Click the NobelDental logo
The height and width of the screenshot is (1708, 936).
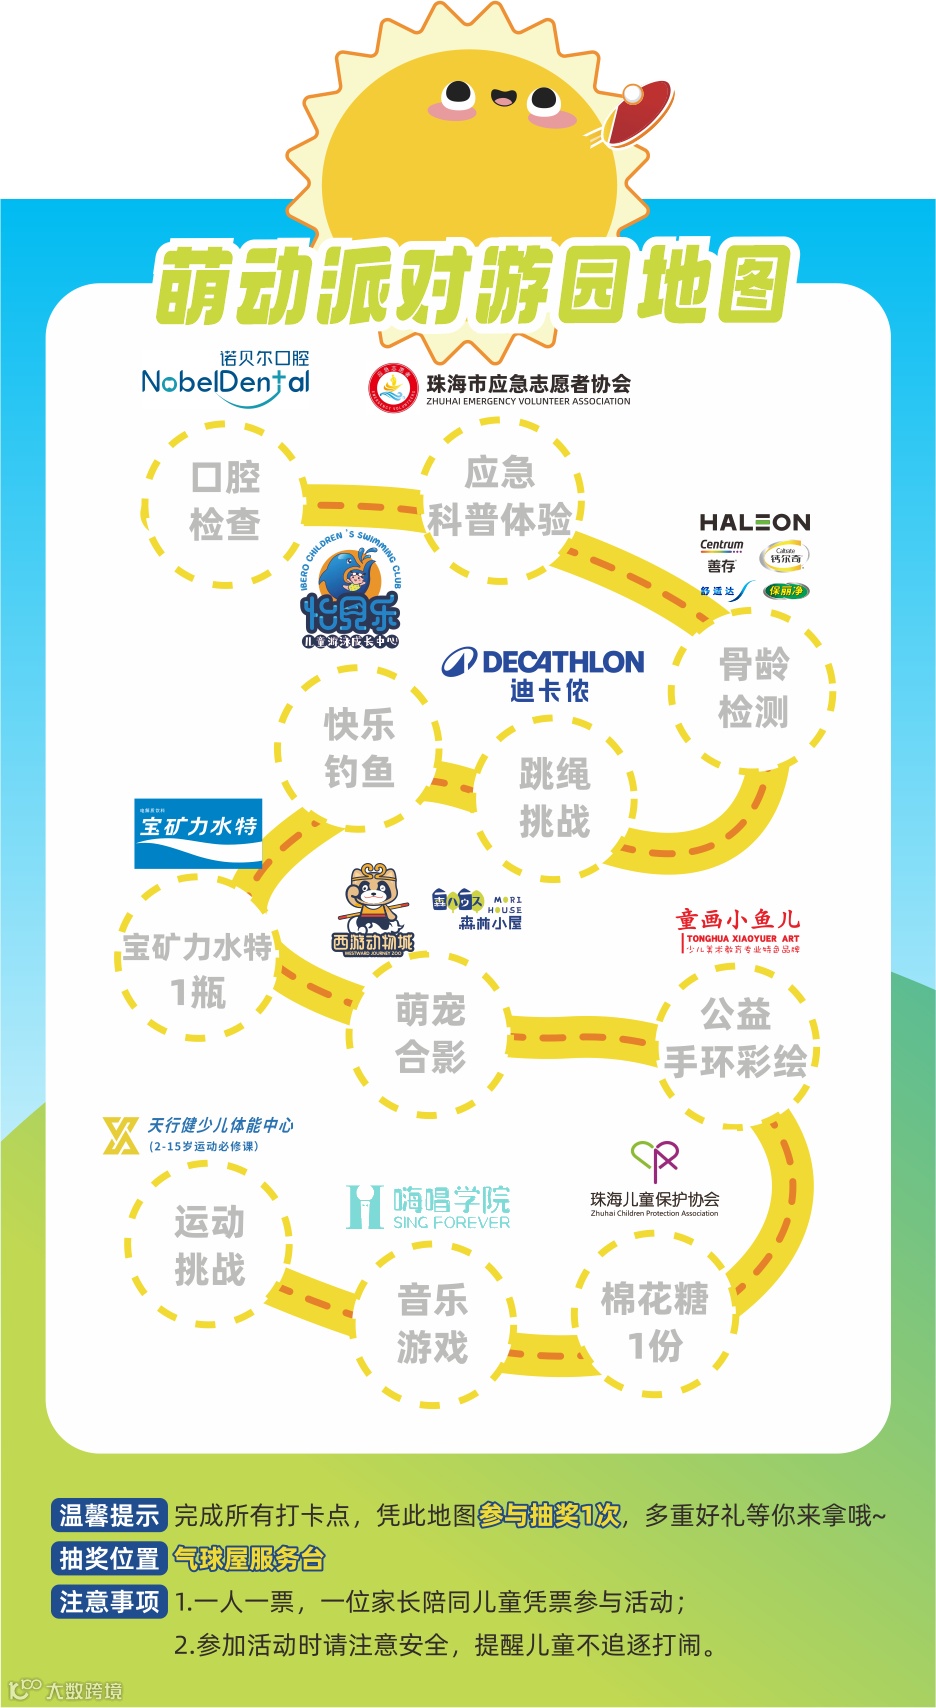click(x=226, y=381)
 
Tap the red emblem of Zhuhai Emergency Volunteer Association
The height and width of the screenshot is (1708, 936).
click(x=393, y=388)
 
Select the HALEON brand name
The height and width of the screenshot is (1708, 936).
click(x=754, y=522)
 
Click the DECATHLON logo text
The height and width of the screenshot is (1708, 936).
click(x=545, y=662)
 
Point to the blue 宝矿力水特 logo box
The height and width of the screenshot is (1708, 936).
click(x=198, y=833)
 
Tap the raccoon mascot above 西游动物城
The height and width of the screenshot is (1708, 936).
click(x=372, y=898)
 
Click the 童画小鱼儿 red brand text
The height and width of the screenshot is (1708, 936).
click(x=737, y=919)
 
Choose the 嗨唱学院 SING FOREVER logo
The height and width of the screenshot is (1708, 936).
click(x=428, y=1207)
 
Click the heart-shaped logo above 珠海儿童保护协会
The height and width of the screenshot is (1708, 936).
click(x=655, y=1160)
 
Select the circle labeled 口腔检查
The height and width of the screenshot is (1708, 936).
click(x=224, y=502)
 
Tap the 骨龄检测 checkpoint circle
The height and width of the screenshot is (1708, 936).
click(x=753, y=688)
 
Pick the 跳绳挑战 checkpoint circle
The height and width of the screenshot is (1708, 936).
click(x=554, y=798)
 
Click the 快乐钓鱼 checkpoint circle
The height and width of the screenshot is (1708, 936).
click(x=358, y=748)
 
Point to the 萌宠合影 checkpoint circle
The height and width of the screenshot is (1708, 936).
click(x=430, y=1033)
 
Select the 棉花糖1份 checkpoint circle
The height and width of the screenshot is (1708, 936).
click(x=654, y=1320)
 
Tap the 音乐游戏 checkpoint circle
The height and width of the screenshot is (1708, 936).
click(x=432, y=1324)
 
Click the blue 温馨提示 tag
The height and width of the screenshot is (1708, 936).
click(x=108, y=1515)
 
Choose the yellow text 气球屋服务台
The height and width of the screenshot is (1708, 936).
click(x=249, y=1558)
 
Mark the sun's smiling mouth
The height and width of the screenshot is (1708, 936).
click(x=503, y=98)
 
